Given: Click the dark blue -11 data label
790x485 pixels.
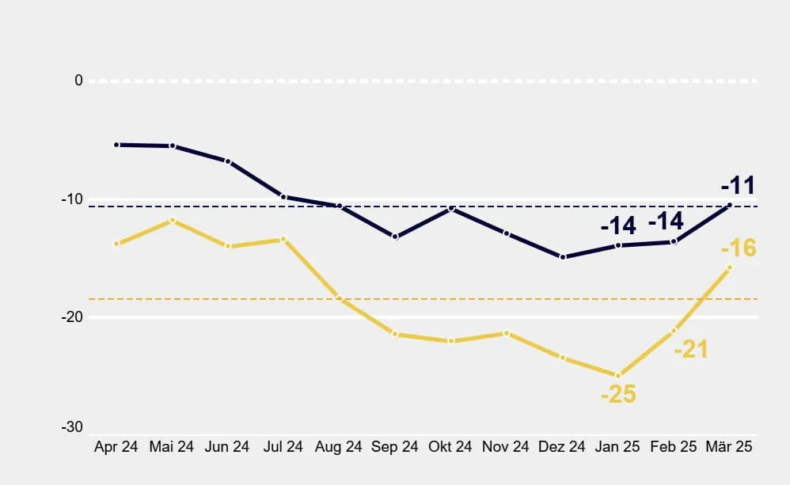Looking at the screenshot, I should pos(738,187).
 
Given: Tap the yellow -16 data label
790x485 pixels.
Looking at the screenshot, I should pos(738,248).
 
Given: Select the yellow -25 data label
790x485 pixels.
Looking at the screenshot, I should pos(617,394).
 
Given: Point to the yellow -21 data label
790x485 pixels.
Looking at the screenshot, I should pos(690,349).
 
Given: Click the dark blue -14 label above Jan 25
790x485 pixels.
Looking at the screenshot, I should pos(618,225).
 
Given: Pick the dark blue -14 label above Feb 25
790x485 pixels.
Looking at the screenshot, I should pos(666,221).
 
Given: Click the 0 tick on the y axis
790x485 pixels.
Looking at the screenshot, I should pos(78,80).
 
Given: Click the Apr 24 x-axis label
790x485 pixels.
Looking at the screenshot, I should pos(116,447).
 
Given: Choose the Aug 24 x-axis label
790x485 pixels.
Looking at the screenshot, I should pos(339,447).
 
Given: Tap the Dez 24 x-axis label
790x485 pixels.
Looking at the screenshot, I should pos(562,447).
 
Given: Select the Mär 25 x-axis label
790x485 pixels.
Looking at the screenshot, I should pos(728,447).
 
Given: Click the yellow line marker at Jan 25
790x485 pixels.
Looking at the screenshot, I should pos(618,376).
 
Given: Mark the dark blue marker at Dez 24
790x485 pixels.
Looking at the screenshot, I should pos(563,257).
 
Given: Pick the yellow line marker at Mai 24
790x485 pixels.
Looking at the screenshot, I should pos(173,220).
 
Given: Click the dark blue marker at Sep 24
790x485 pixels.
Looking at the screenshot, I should pos(395,237).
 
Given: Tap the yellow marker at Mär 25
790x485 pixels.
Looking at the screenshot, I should pos(729,267).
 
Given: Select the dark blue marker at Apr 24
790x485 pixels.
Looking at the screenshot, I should pos(116,145).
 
